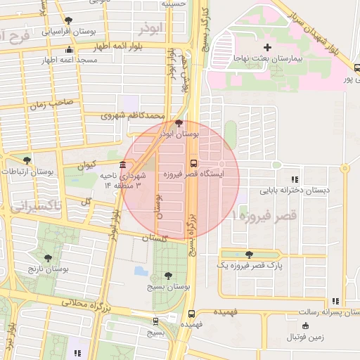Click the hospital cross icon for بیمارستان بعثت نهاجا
(x=267, y=47)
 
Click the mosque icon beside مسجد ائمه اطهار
(x=68, y=50)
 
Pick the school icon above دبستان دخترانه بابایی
(x=294, y=180)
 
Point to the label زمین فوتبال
(x=305, y=337)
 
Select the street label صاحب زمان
(x=51, y=104)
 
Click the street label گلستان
(x=155, y=238)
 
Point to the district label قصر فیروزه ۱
(x=264, y=213)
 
